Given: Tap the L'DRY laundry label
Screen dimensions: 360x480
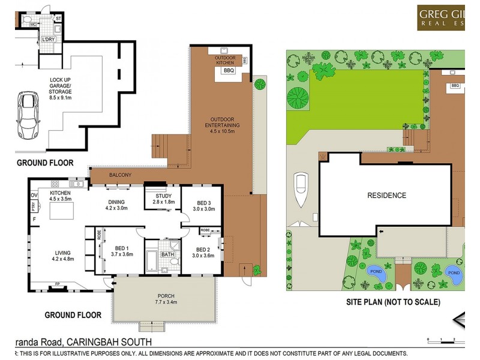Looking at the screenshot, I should tap(48, 40).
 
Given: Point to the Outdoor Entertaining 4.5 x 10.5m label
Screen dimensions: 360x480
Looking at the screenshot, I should tap(221, 122).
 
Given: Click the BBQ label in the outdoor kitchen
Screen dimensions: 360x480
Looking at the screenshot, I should tap(228, 71).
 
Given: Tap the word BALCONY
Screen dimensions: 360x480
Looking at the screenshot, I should tap(121, 175).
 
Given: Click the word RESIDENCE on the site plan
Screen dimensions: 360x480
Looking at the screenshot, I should tap(386, 196).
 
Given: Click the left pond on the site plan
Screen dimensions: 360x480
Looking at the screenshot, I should tap(375, 273).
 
